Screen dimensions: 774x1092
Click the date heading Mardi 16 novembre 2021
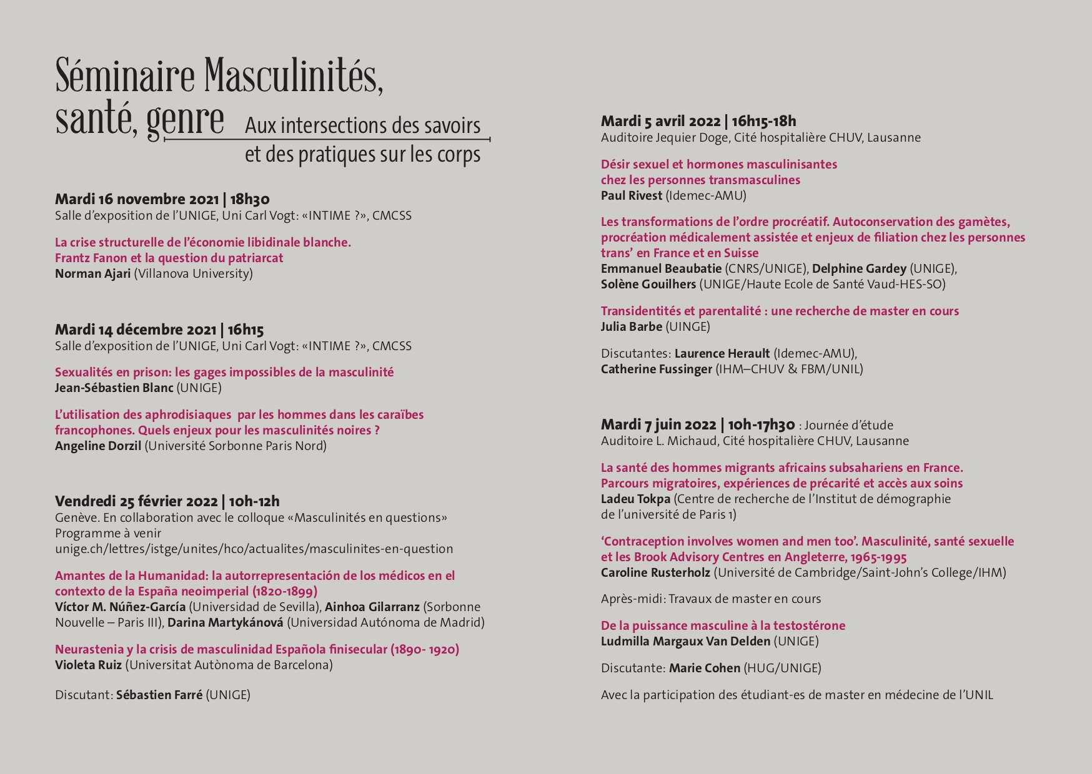tap(137, 200)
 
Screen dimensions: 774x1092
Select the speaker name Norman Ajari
tap(92, 274)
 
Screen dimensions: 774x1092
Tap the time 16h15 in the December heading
tap(246, 330)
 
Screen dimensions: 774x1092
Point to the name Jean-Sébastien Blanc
tap(114, 388)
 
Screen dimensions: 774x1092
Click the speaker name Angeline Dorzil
tap(98, 446)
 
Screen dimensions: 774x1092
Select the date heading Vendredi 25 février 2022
tap(136, 502)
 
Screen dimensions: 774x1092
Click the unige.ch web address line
tap(254, 549)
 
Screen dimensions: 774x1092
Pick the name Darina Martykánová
tap(225, 623)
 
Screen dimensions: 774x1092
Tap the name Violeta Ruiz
tap(88, 665)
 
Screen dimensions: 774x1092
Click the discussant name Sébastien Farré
tap(159, 695)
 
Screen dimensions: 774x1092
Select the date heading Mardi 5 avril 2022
tap(660, 122)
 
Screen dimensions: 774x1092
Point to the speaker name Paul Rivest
tap(631, 196)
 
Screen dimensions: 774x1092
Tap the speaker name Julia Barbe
tap(631, 327)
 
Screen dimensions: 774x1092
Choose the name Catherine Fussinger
tap(656, 370)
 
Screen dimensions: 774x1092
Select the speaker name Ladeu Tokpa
tap(635, 499)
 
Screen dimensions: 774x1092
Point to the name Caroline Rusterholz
tap(655, 573)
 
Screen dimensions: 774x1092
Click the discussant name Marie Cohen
tap(704, 669)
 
